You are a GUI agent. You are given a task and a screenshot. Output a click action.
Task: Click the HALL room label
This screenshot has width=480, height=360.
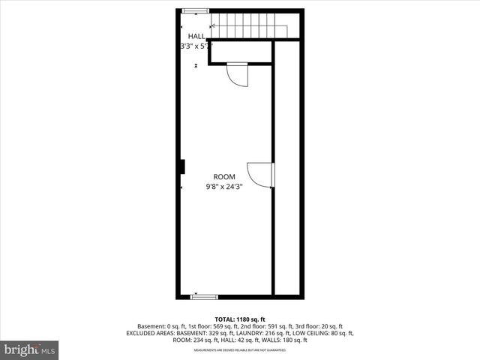[196, 36]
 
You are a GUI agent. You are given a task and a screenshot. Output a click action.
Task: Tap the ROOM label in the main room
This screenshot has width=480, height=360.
[223, 177]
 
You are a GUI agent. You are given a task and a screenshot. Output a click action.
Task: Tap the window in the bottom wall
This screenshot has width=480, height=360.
[204, 297]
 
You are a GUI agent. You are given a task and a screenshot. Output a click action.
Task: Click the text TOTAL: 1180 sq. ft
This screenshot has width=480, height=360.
[240, 319]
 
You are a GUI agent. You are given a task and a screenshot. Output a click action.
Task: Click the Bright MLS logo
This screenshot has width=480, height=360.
[30, 349]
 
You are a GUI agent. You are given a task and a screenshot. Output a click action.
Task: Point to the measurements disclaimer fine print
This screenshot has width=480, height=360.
[240, 349]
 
